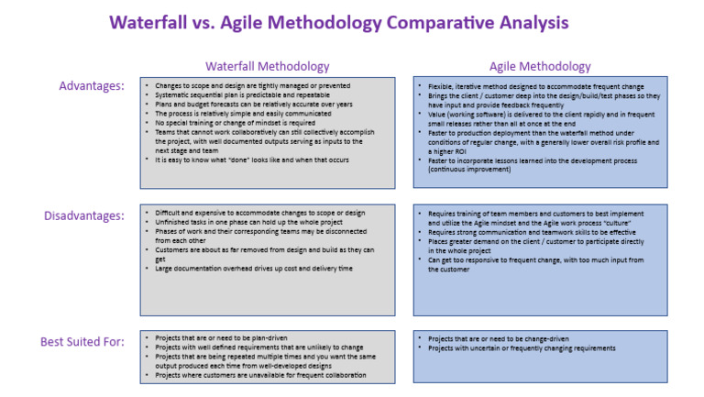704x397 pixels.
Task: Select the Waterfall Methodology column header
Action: pyautogui.click(x=267, y=66)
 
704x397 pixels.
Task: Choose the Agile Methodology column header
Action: pyautogui.click(x=540, y=66)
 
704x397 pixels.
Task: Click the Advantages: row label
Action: pyautogui.click(x=92, y=85)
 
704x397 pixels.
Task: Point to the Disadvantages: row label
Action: pyautogui.click(x=83, y=215)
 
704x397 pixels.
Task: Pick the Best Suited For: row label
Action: pyautogui.click(x=82, y=342)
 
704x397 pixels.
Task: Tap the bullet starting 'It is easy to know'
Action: pyautogui.click(x=238, y=160)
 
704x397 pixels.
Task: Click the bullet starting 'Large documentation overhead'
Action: pyautogui.click(x=247, y=269)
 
